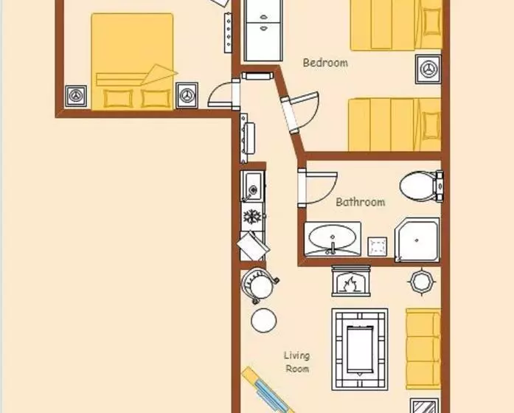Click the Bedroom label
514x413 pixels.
pyautogui.click(x=325, y=63)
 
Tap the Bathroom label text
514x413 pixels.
pyautogui.click(x=361, y=202)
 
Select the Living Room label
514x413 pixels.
pyautogui.click(x=297, y=362)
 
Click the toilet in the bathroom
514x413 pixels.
pyautogui.click(x=422, y=186)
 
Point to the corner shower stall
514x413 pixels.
pyautogui.click(x=417, y=240)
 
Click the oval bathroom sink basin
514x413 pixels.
pyautogui.click(x=333, y=237)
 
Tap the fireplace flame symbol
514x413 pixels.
pyautogui.click(x=350, y=284)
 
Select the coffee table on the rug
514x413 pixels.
pyautogui.click(x=360, y=350)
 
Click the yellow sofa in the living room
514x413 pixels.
pyautogui.click(x=423, y=349)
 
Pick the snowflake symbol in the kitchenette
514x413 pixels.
pyautogui.click(x=252, y=216)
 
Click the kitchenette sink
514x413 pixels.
pyautogui.click(x=253, y=187)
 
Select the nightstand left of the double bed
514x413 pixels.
pyautogui.click(x=76, y=96)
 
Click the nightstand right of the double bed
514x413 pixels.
pyautogui.click(x=187, y=95)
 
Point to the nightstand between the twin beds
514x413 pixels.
pyautogui.click(x=428, y=69)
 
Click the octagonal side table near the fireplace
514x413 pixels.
pyautogui.click(x=422, y=281)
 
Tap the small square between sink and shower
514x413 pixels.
pyautogui.click(x=378, y=246)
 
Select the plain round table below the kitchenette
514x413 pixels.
pyautogui.click(x=263, y=321)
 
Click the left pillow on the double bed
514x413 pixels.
pyautogui.click(x=118, y=98)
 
